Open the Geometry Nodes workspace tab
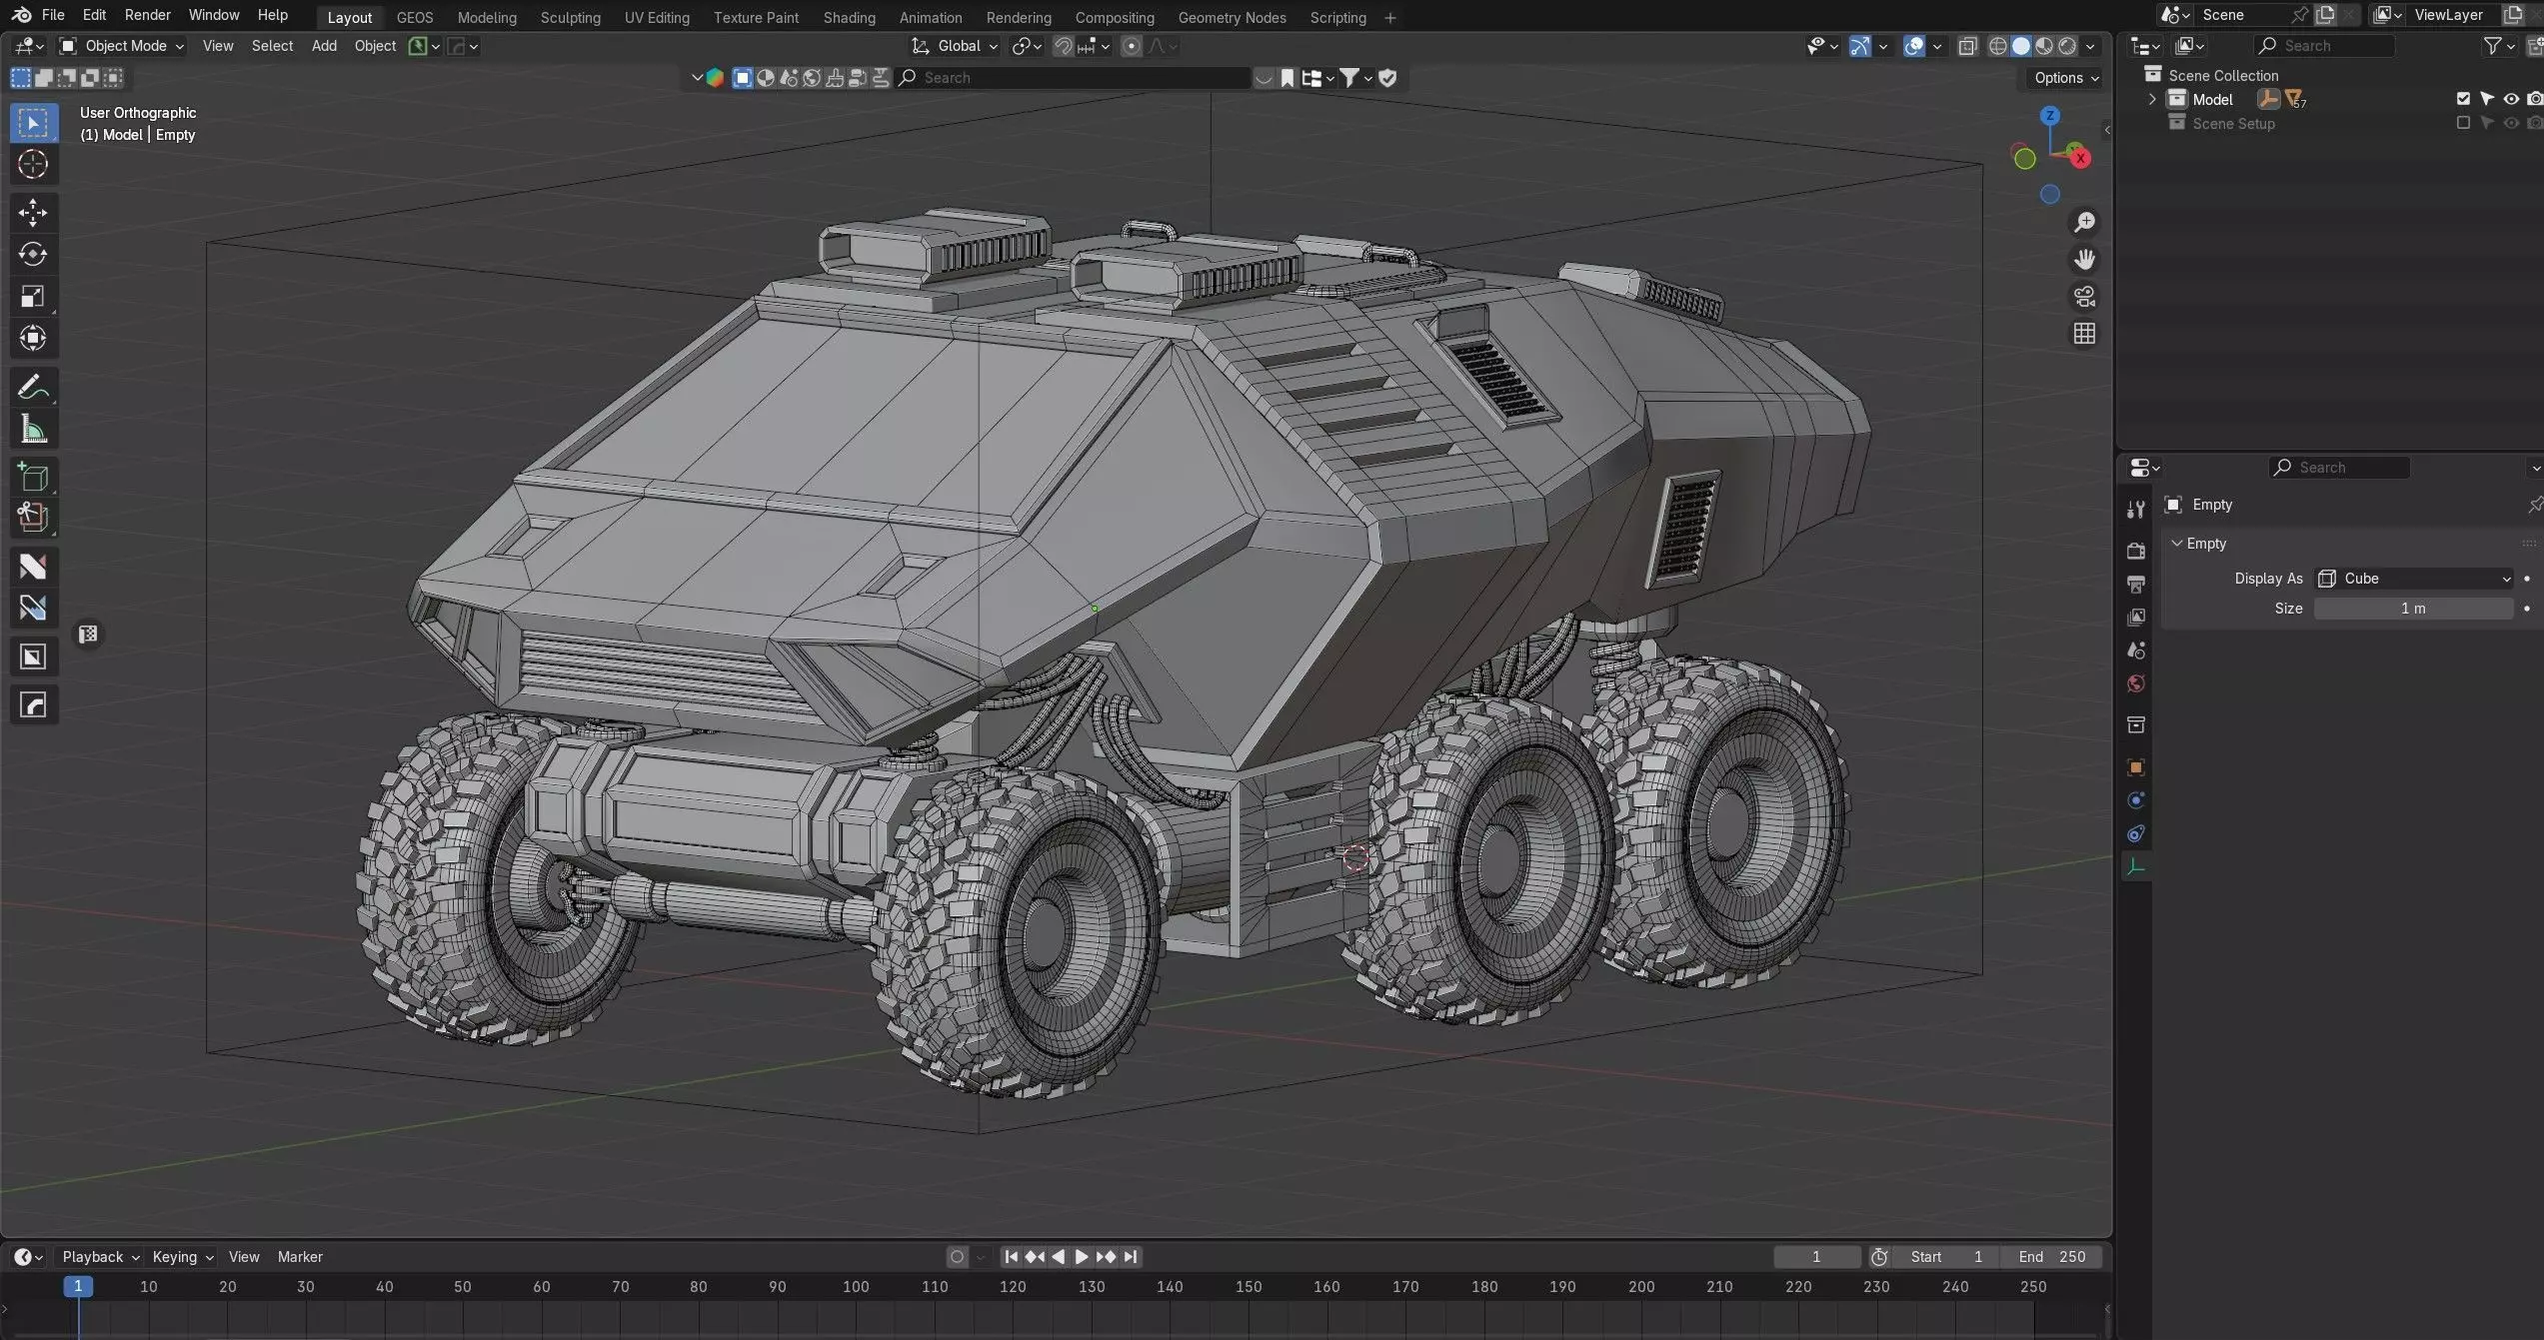pos(1232,17)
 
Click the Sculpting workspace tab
pos(570,17)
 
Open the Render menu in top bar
pos(147,15)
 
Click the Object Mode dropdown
pos(122,46)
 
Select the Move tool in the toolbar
pos(33,212)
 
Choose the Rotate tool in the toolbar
pos(33,254)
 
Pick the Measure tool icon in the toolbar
pos(33,430)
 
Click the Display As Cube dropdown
pos(2413,579)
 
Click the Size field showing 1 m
pos(2413,609)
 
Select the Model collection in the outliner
pos(2212,99)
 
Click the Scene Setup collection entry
pos(2233,123)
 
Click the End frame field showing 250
pos(2052,1257)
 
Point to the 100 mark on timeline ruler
pos(856,1287)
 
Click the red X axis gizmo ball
pos(2080,158)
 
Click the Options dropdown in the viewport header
pos(2066,78)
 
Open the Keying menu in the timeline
pos(181,1257)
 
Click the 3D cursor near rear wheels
pos(1356,857)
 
